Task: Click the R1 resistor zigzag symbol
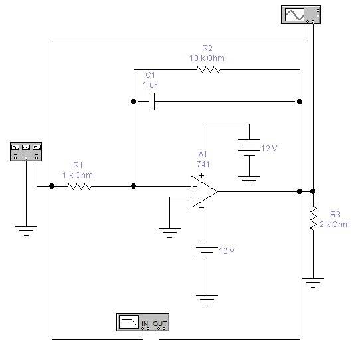[80, 186]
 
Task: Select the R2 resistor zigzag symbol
[208, 69]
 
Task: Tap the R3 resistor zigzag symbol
[313, 218]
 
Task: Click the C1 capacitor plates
[151, 101]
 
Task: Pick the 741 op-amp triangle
[204, 191]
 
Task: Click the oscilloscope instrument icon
[301, 15]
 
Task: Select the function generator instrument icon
[26, 151]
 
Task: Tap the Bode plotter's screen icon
[129, 322]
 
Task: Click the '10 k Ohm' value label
[207, 58]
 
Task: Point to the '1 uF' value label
[151, 85]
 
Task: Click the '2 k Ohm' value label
[335, 225]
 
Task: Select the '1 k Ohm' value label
[78, 175]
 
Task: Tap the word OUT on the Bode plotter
[160, 323]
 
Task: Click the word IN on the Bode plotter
[145, 323]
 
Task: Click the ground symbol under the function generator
[26, 231]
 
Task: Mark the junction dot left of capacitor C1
[134, 102]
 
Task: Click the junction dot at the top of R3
[313, 191]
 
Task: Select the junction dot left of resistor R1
[52, 186]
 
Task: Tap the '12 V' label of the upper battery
[269, 149]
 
